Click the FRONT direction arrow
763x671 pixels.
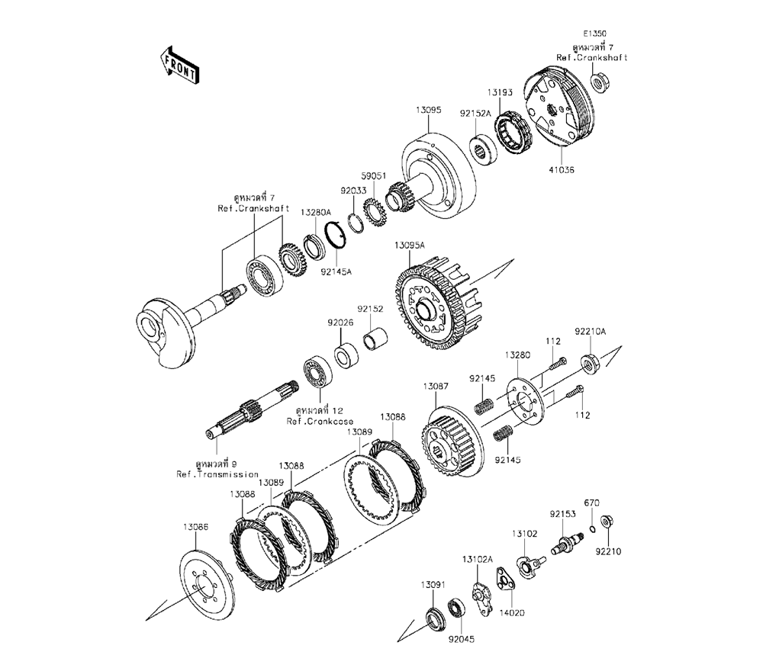tap(179, 64)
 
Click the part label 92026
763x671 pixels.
tap(340, 323)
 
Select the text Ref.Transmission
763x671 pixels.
tap(217, 474)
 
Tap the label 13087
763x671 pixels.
tap(436, 387)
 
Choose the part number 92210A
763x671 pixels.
tap(591, 332)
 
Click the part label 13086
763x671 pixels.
tap(195, 527)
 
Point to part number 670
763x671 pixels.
tap(592, 503)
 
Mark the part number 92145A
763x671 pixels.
tap(336, 270)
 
